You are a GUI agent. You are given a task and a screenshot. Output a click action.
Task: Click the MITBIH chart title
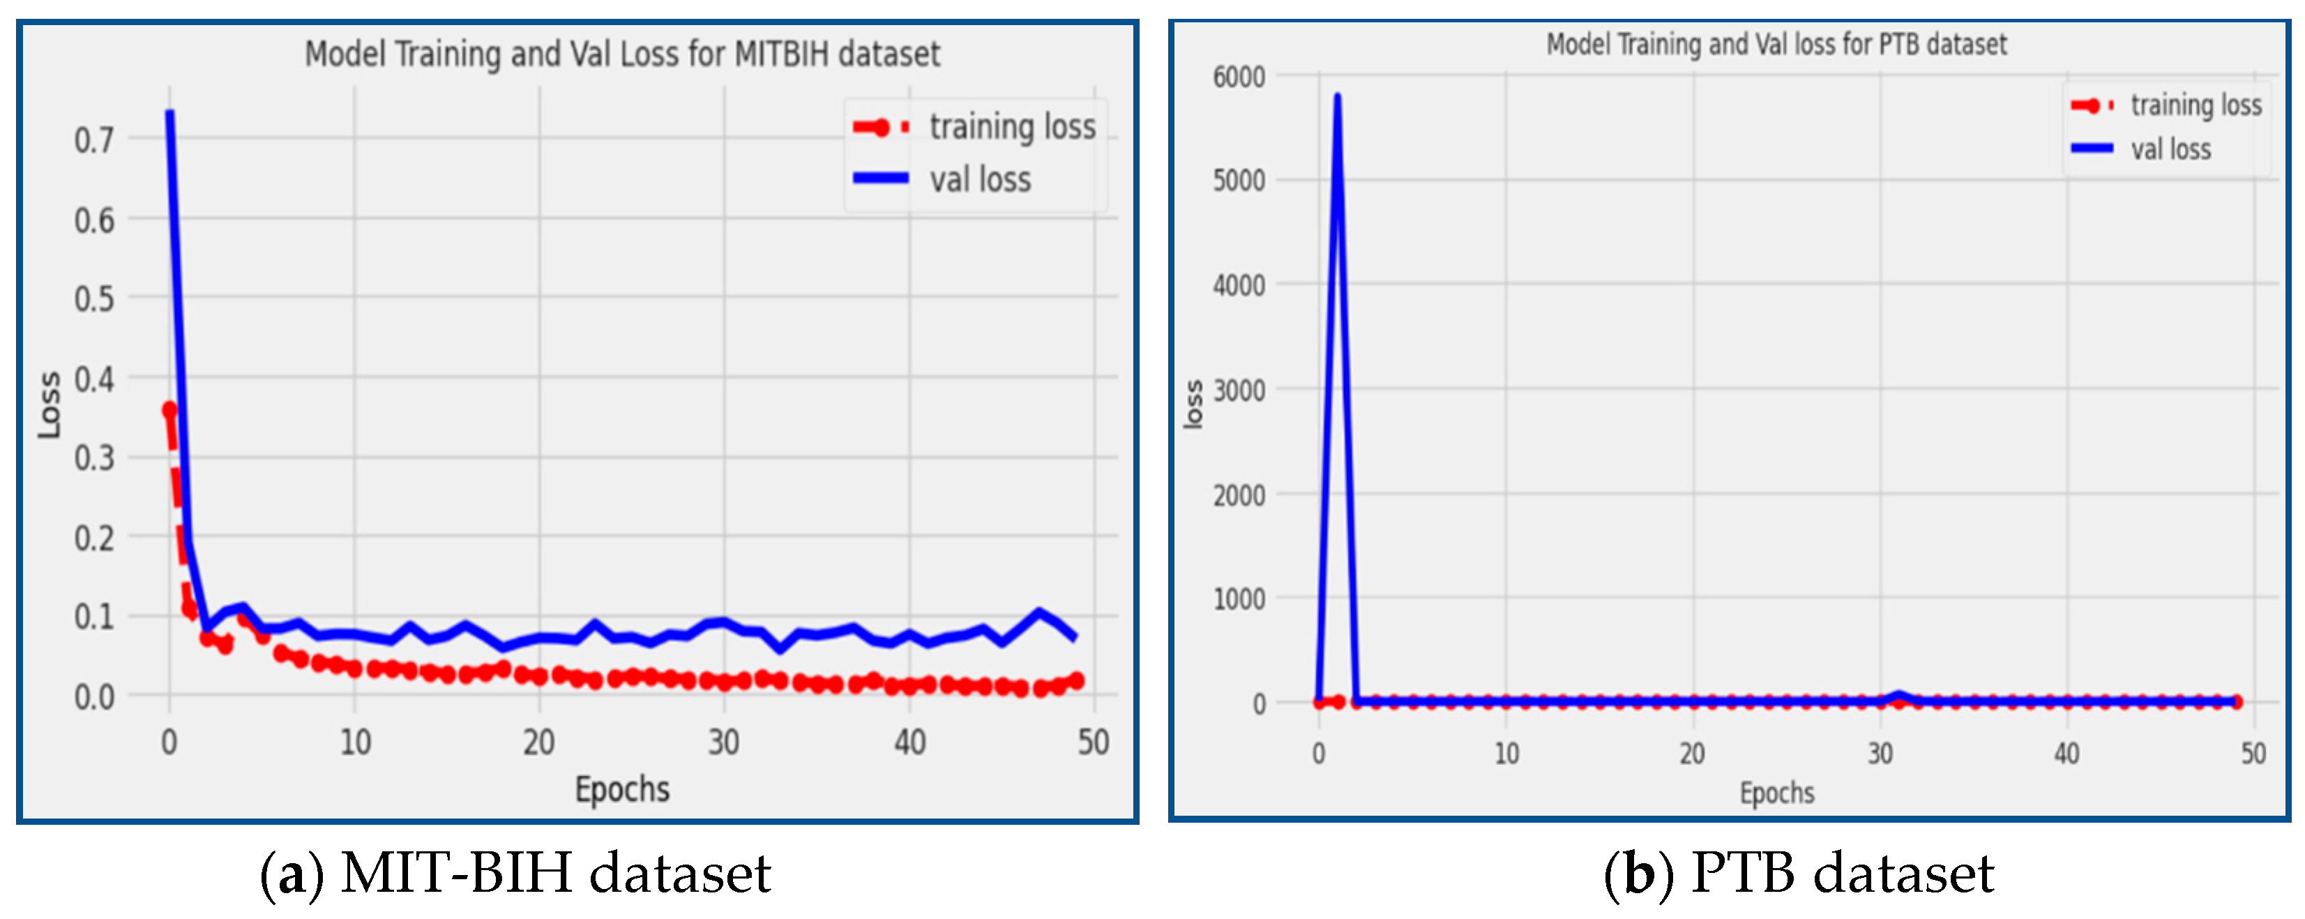[x=622, y=54]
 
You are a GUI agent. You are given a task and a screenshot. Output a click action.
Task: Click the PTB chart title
[x=1776, y=44]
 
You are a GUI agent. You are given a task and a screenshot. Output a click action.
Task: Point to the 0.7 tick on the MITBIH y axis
[x=94, y=140]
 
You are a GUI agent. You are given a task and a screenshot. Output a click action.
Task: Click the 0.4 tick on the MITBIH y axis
[x=94, y=378]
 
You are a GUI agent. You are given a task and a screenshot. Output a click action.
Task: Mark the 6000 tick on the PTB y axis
[x=1239, y=77]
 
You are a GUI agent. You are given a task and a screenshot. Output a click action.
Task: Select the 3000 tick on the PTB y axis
[x=1239, y=390]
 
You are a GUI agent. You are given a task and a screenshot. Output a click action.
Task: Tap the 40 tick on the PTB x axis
[x=2066, y=754]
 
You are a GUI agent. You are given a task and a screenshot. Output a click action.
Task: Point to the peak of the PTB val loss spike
[x=1337, y=96]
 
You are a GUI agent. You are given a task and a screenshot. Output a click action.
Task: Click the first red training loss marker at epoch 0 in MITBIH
[x=169, y=410]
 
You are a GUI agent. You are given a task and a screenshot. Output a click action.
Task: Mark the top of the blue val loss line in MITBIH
[x=169, y=113]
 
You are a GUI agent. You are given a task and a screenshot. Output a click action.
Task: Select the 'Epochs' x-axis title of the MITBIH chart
[x=622, y=789]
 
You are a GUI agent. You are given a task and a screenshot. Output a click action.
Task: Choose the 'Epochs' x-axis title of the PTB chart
[x=1776, y=792]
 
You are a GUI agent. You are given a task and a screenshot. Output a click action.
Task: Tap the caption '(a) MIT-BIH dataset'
[x=515, y=872]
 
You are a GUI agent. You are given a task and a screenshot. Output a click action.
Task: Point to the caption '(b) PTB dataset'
[x=1799, y=872]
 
